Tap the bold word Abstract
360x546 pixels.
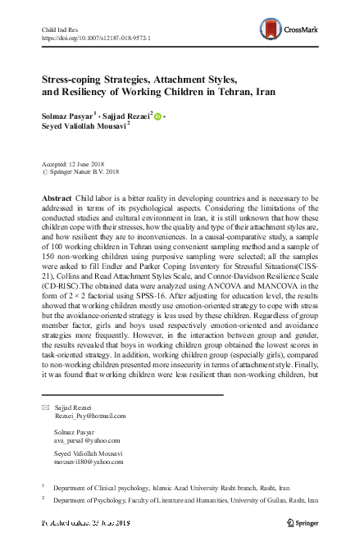(57, 200)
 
